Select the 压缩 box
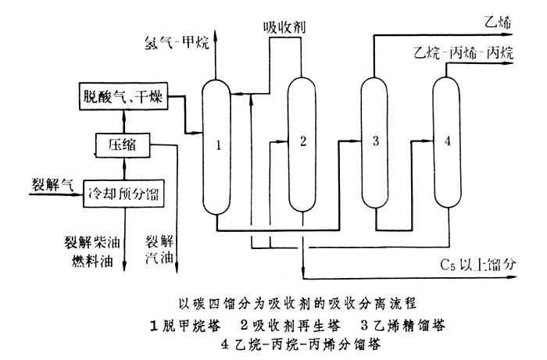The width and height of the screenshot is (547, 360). [x=120, y=144]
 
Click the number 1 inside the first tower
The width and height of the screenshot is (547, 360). [x=220, y=144]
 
